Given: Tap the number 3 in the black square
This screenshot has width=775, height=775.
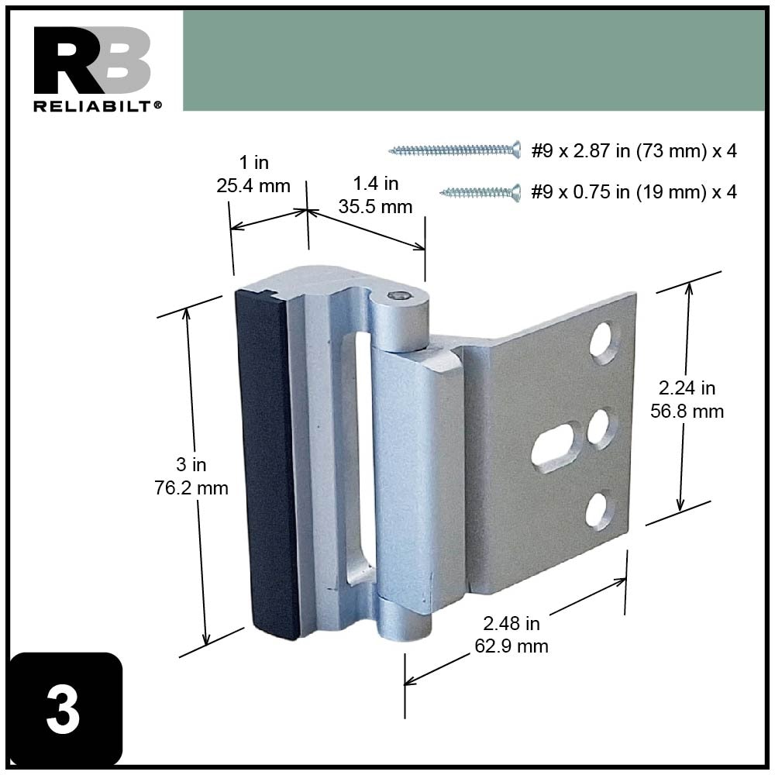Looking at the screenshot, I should [63, 710].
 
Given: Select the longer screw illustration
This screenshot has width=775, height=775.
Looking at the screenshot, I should [454, 150].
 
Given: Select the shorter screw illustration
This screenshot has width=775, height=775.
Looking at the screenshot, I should [480, 191].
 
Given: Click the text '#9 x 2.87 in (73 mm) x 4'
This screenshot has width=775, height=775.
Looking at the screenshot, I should [633, 150].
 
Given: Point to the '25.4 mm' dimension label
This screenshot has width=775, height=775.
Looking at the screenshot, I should [254, 186].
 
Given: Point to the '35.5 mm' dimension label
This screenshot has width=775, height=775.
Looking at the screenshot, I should [377, 207].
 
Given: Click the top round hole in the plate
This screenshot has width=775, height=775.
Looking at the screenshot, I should [604, 342].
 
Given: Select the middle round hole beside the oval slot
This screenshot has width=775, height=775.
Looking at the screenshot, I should [601, 428].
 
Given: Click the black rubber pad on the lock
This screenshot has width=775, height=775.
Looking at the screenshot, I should [267, 465].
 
